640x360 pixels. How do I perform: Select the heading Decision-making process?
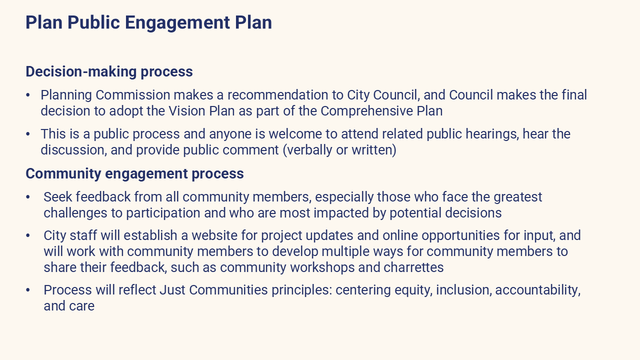(109, 72)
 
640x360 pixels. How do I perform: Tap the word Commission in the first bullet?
(133, 95)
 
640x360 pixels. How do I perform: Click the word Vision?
(187, 111)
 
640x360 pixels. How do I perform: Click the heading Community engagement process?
(134, 173)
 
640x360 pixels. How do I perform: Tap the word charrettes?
(413, 267)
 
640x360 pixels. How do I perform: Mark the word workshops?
(322, 267)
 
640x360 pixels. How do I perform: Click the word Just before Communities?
(172, 290)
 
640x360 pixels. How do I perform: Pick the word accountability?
(538, 290)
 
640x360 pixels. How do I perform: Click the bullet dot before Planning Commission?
(27, 95)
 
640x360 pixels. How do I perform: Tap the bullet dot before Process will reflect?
(27, 290)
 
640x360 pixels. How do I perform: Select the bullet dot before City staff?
(27, 236)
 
